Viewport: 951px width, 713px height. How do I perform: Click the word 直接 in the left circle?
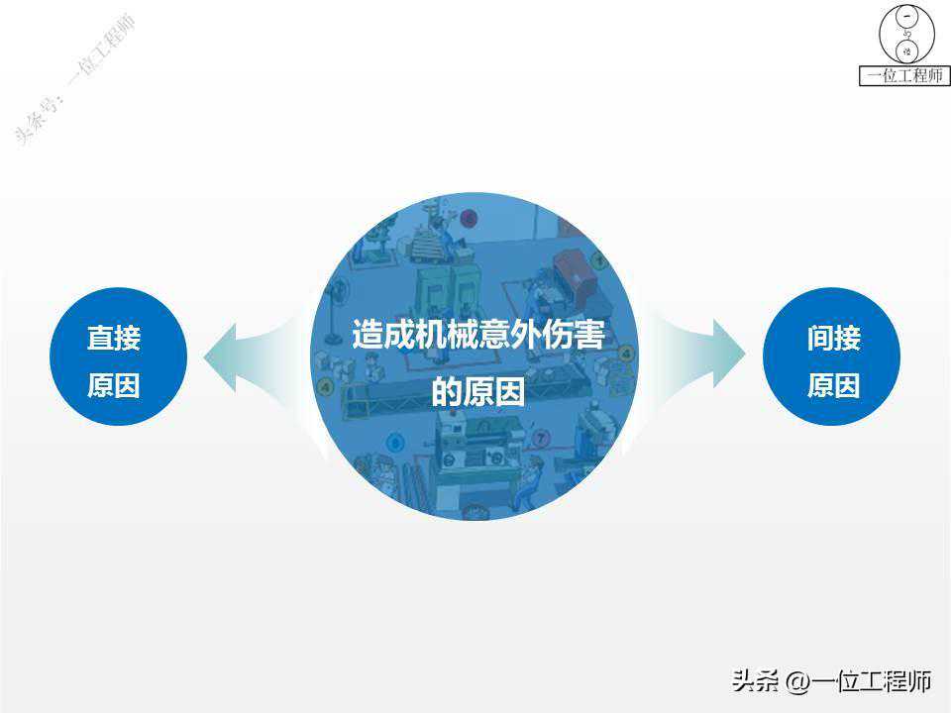click(114, 338)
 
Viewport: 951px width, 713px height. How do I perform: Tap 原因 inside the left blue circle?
click(114, 385)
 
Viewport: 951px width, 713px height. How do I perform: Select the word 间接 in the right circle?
click(834, 338)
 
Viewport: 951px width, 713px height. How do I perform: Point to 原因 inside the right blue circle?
click(834, 385)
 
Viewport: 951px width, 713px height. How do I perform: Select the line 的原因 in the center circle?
click(477, 392)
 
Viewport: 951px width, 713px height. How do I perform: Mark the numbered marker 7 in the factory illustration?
click(541, 437)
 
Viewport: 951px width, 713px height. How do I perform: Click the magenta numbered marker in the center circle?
click(469, 218)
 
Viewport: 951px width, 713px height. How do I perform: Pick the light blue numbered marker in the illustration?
click(395, 443)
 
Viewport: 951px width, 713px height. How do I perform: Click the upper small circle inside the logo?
click(907, 17)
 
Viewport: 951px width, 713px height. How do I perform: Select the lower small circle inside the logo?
click(907, 51)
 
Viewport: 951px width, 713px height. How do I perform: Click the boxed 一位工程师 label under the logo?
click(904, 76)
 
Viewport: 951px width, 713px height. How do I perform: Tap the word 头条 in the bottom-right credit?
click(756, 681)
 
